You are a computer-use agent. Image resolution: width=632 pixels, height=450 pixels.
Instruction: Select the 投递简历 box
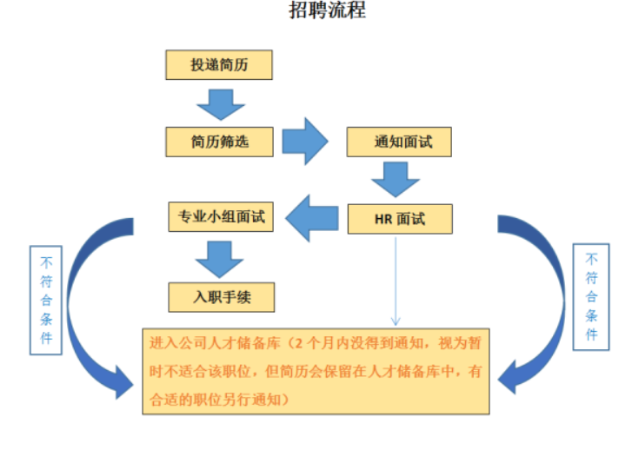220,65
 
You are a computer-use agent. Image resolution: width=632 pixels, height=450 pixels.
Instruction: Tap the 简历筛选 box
220,141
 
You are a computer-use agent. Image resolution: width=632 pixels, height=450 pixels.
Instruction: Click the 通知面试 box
399,142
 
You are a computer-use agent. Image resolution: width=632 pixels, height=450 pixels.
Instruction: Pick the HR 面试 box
399,219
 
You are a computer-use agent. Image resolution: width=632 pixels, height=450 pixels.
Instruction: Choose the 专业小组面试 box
220,217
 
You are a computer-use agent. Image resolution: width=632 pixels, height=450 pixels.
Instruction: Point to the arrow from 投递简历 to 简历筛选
220,103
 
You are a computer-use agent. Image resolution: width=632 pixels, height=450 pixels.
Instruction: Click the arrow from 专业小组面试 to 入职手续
219,257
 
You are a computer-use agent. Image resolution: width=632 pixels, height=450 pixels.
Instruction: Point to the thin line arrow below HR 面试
396,278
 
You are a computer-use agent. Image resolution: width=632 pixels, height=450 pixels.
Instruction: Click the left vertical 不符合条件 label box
46,300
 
